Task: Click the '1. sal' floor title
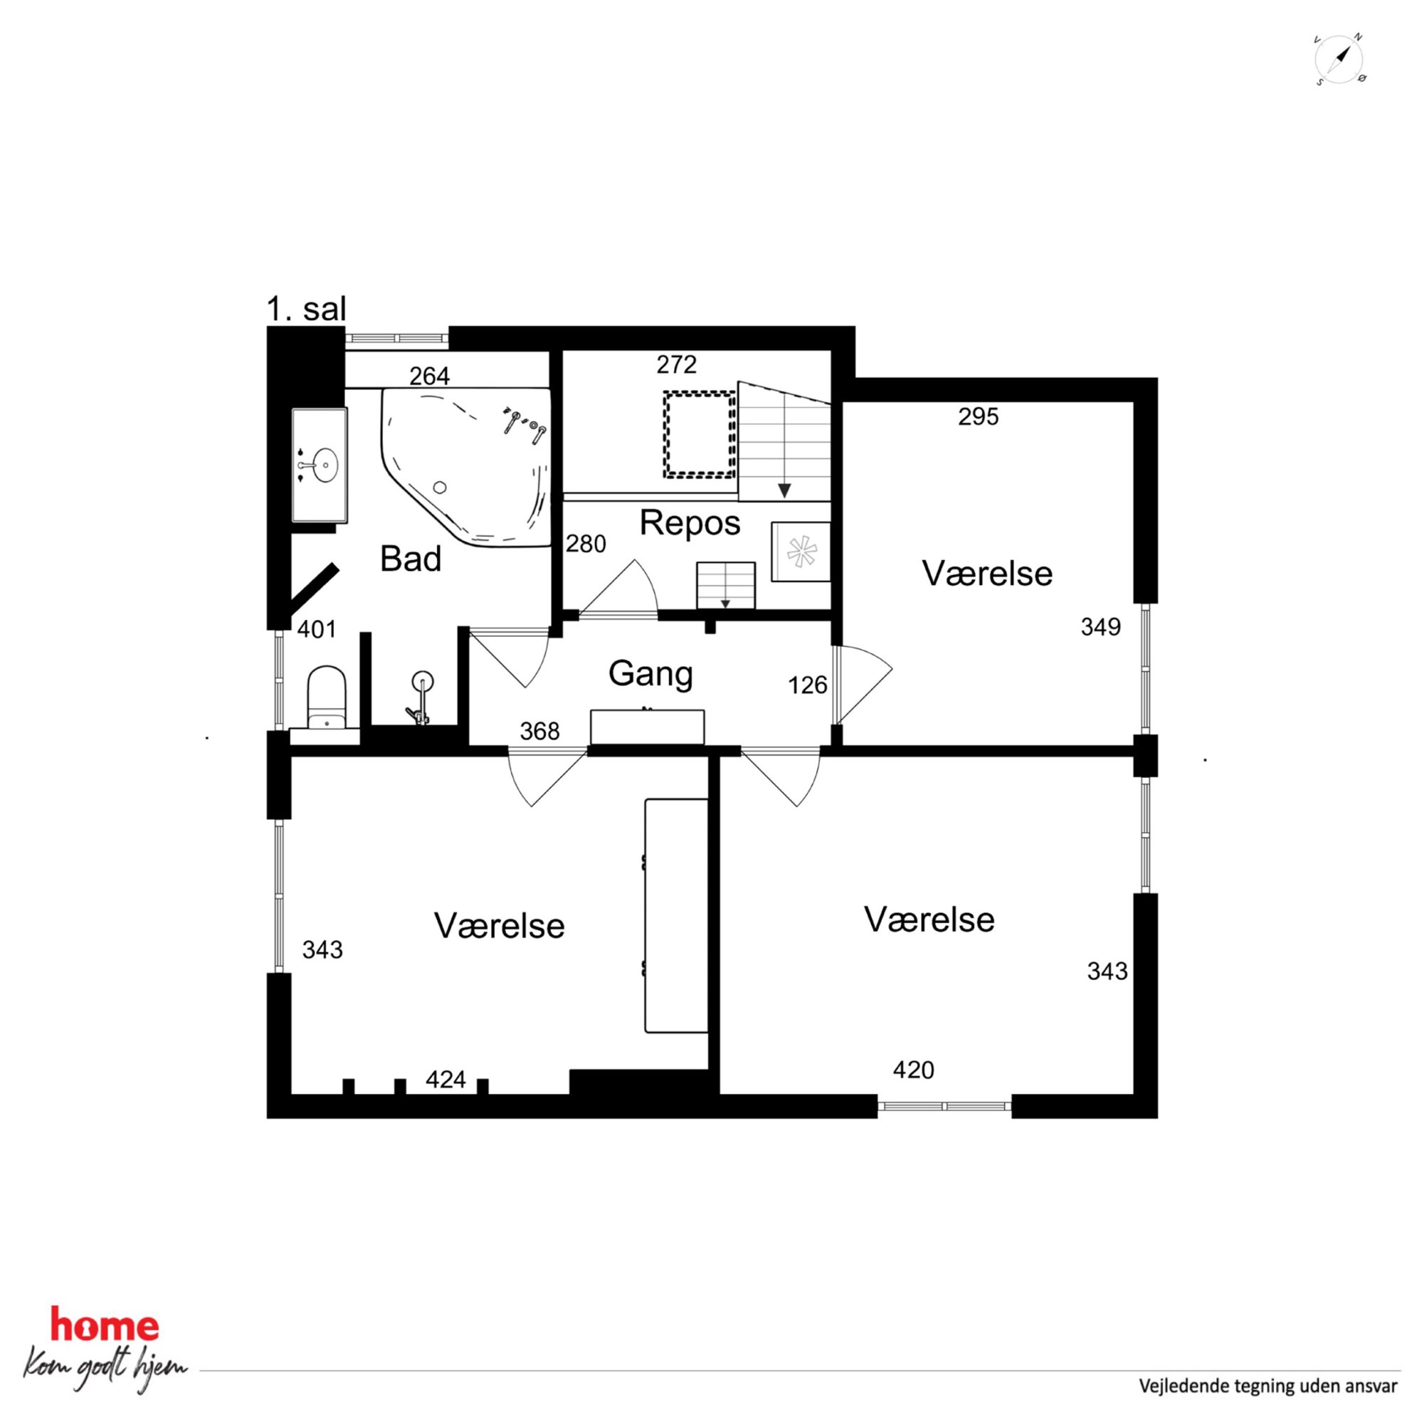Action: tap(306, 309)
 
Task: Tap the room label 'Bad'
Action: tap(411, 559)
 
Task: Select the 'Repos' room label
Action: tap(690, 523)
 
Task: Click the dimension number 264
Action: tap(429, 376)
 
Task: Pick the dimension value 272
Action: tap(676, 364)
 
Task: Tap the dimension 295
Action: tap(978, 417)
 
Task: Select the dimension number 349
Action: tap(1101, 627)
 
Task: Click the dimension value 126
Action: tap(808, 685)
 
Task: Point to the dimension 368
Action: tap(539, 732)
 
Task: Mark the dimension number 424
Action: tap(446, 1080)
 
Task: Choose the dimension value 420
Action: tap(914, 1070)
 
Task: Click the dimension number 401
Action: tap(317, 629)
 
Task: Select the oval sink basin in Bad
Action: tap(325, 465)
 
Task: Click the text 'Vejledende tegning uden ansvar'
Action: tap(1268, 1386)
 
